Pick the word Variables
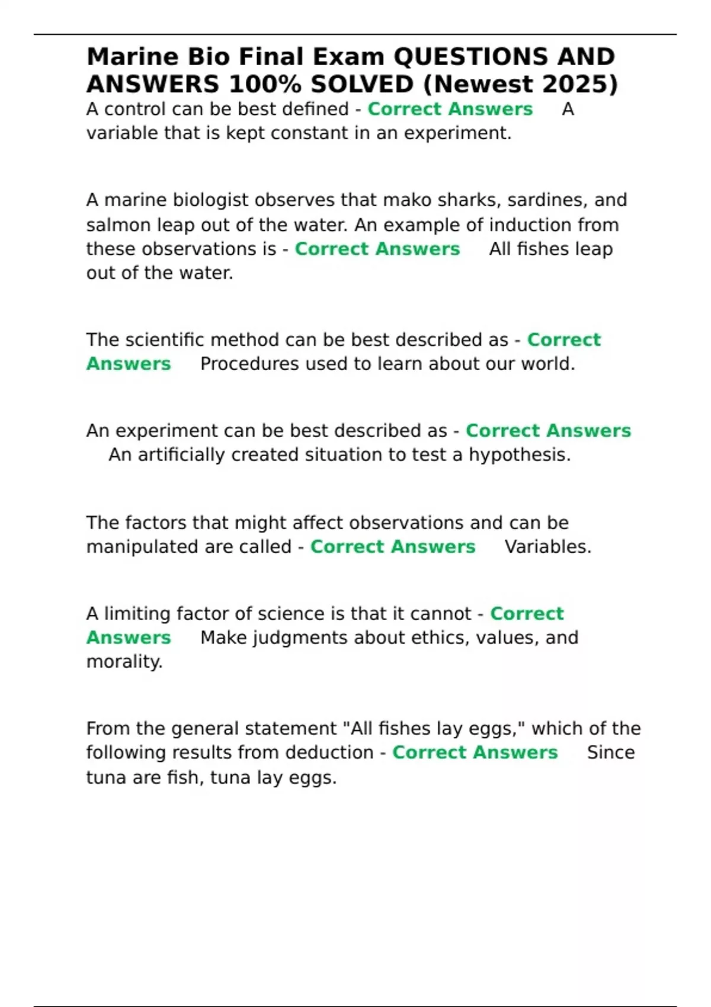(x=547, y=547)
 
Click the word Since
(x=610, y=752)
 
